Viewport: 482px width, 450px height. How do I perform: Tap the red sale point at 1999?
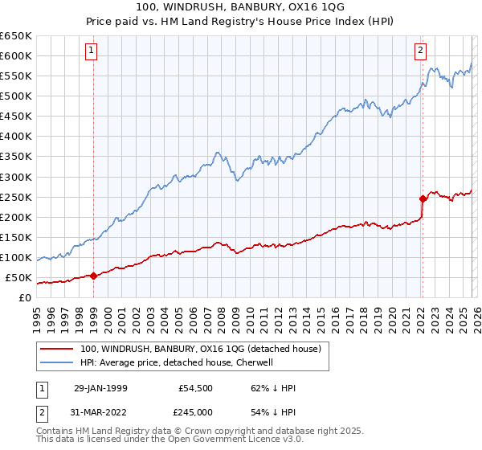pyautogui.click(x=93, y=276)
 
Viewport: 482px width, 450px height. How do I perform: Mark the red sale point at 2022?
pyautogui.click(x=422, y=198)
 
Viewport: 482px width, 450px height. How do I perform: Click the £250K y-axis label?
pyautogui.click(x=16, y=197)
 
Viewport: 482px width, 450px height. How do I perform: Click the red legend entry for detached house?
pyautogui.click(x=201, y=349)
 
